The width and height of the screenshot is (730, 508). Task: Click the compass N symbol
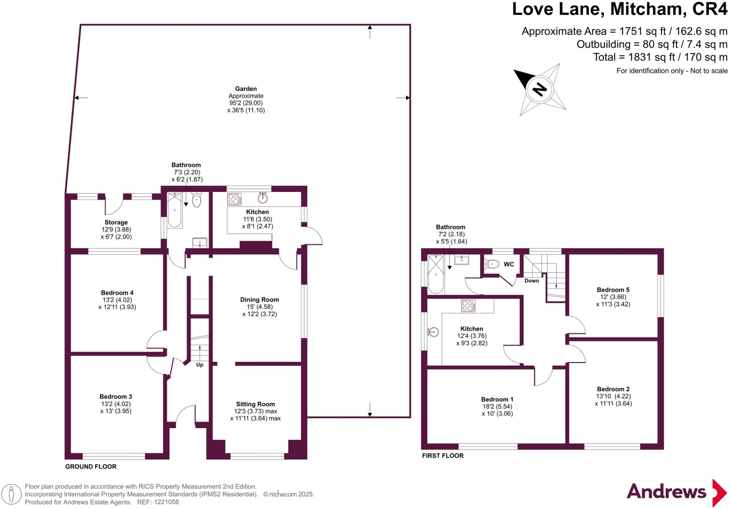pos(540,89)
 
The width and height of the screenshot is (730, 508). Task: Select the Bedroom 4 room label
pos(117,293)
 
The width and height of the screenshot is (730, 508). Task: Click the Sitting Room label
pos(255,404)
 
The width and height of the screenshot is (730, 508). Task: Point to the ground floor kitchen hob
pos(234,199)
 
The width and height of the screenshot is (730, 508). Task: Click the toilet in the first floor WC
pos(492,264)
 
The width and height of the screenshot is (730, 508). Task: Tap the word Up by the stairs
pos(200,365)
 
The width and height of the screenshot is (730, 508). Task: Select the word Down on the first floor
pos(531,281)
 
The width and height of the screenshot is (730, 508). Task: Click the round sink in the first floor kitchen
pos(433,332)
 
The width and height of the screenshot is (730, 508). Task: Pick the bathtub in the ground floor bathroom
pos(175,210)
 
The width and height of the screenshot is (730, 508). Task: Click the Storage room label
pos(116,222)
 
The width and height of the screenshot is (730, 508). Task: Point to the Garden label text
pos(246,89)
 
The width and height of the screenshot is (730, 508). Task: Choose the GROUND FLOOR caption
pos(91,467)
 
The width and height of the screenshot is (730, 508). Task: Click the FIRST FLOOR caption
pos(443,456)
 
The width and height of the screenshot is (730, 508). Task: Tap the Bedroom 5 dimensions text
pos(613,301)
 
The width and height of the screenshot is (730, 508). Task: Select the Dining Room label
pos(259,300)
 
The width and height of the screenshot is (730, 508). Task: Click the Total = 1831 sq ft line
pos(660,57)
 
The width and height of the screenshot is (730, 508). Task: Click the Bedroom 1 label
pos(497,399)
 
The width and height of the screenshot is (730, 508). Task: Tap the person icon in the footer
pos(12,494)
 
